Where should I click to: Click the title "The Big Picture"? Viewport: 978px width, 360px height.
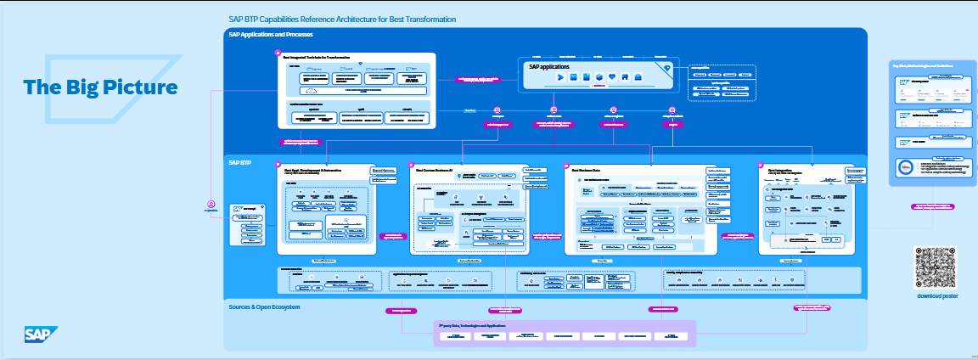(100, 87)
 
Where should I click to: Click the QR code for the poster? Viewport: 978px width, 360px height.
(937, 267)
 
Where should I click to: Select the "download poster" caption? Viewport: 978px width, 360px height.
(937, 295)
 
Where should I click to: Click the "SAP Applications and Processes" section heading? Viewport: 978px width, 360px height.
(271, 35)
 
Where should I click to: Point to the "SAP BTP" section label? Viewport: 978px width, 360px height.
(239, 161)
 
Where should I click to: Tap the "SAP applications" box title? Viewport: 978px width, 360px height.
(549, 66)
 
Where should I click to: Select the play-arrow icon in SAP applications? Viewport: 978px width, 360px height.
(561, 78)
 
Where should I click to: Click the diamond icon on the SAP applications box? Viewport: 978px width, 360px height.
(667, 68)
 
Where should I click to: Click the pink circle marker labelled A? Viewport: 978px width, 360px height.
(278, 53)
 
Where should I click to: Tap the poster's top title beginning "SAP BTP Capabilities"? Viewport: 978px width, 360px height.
(342, 19)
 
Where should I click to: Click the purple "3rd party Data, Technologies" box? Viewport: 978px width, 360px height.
(565, 333)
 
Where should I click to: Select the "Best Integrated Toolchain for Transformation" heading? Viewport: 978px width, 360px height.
(328, 57)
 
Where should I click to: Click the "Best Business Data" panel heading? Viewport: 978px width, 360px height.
(591, 170)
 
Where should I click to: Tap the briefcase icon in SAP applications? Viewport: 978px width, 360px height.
(638, 78)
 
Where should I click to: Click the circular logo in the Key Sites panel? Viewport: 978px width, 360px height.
(905, 167)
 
